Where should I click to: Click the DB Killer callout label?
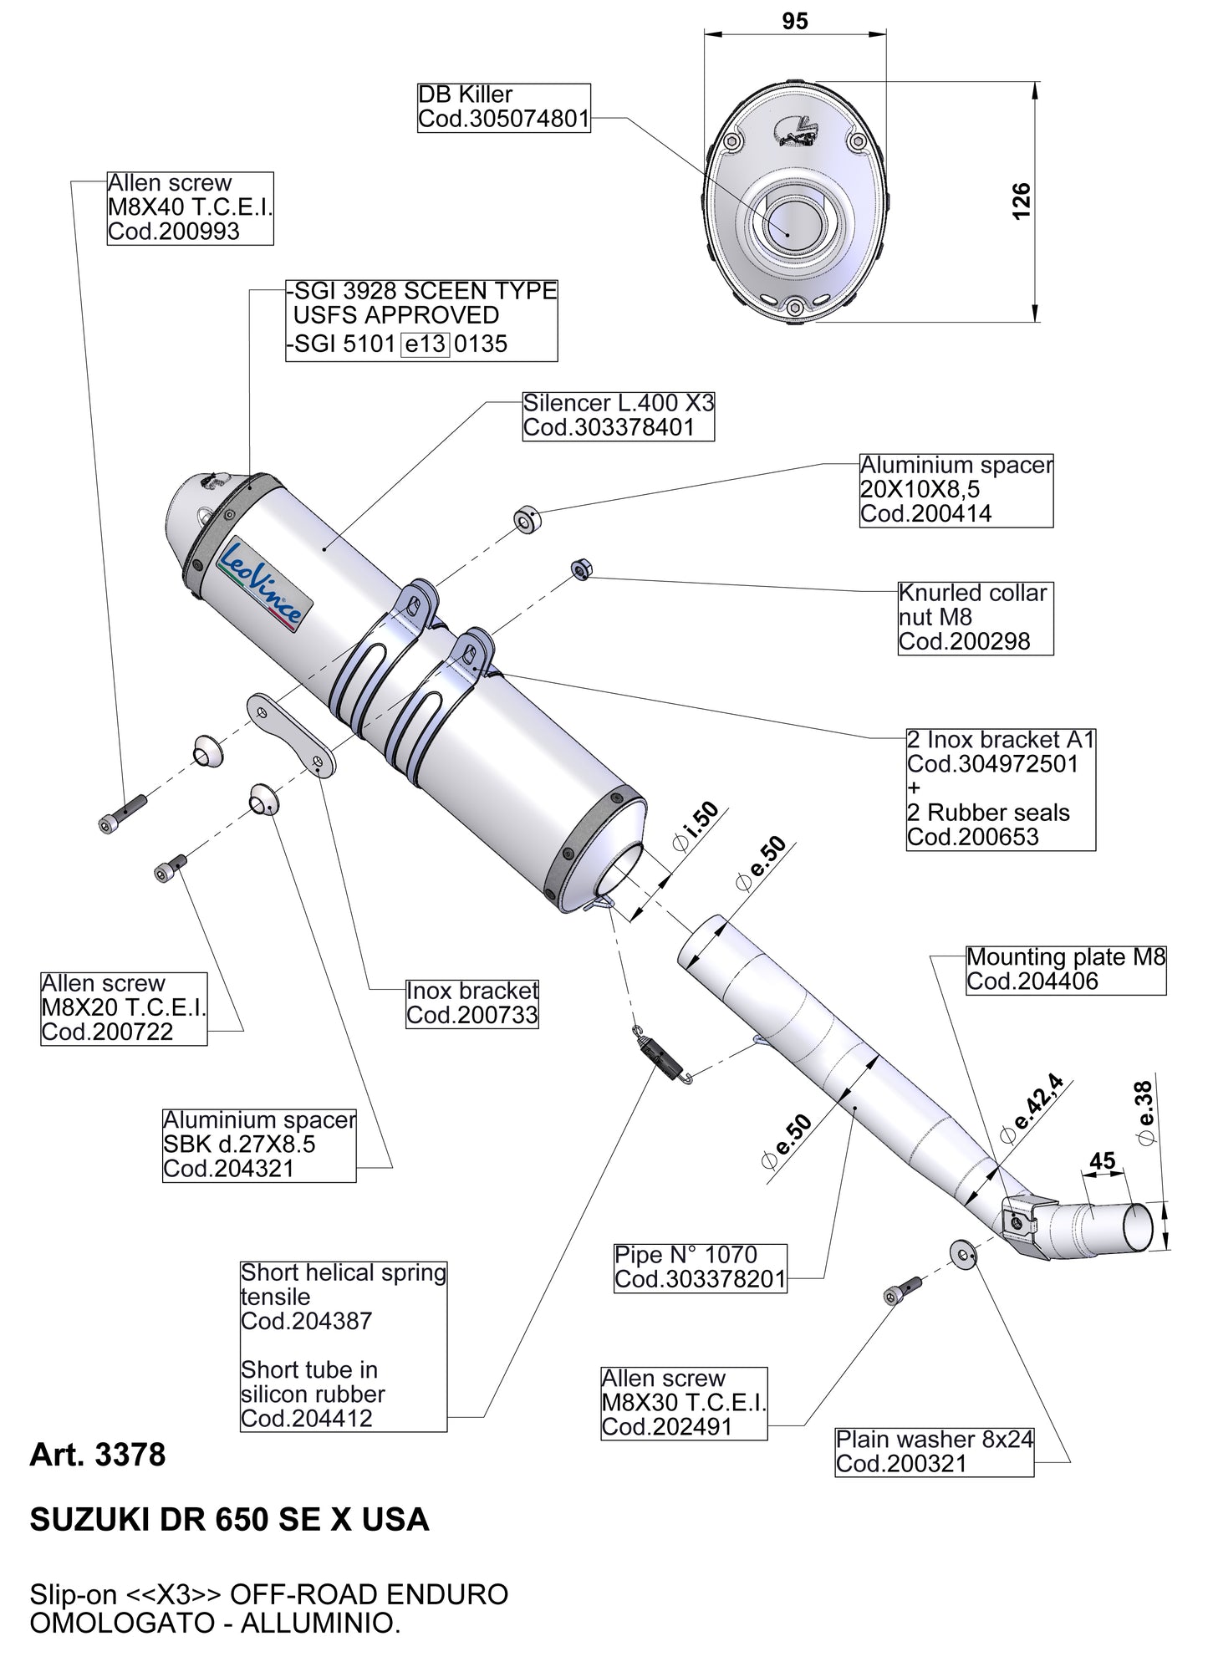click(x=503, y=107)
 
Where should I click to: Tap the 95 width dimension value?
click(x=795, y=21)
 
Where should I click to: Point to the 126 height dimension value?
click(x=1022, y=201)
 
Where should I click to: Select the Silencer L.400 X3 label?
click(x=619, y=415)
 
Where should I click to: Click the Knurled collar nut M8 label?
click(x=974, y=617)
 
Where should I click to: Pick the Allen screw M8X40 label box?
click(x=190, y=207)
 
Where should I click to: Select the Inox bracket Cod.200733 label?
click(x=472, y=1003)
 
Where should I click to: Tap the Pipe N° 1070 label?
click(x=700, y=1267)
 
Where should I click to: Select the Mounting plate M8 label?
click(x=1065, y=969)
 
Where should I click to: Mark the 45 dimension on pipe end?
click(x=1103, y=1161)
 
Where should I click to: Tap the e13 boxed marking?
click(x=426, y=344)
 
